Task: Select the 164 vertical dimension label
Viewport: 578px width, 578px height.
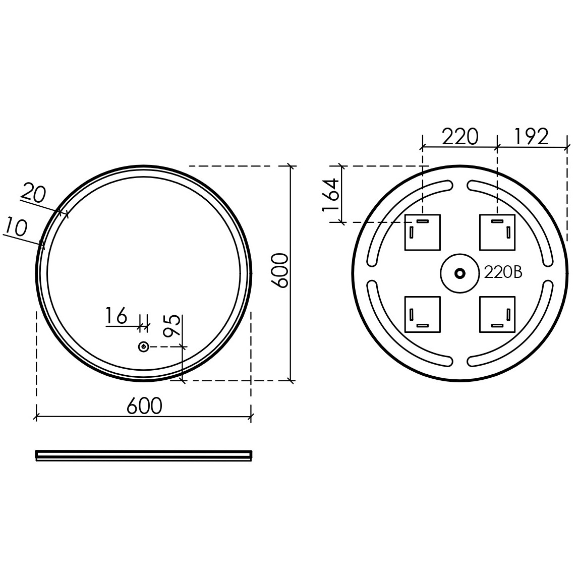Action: pyautogui.click(x=331, y=194)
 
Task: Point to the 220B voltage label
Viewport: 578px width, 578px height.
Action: pyautogui.click(x=503, y=273)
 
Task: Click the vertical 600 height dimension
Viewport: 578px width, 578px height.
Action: pyautogui.click(x=279, y=271)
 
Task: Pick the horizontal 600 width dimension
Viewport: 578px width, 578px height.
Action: pyautogui.click(x=144, y=406)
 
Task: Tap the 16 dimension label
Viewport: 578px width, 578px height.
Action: pyautogui.click(x=117, y=316)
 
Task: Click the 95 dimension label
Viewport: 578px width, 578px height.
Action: pyautogui.click(x=172, y=326)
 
